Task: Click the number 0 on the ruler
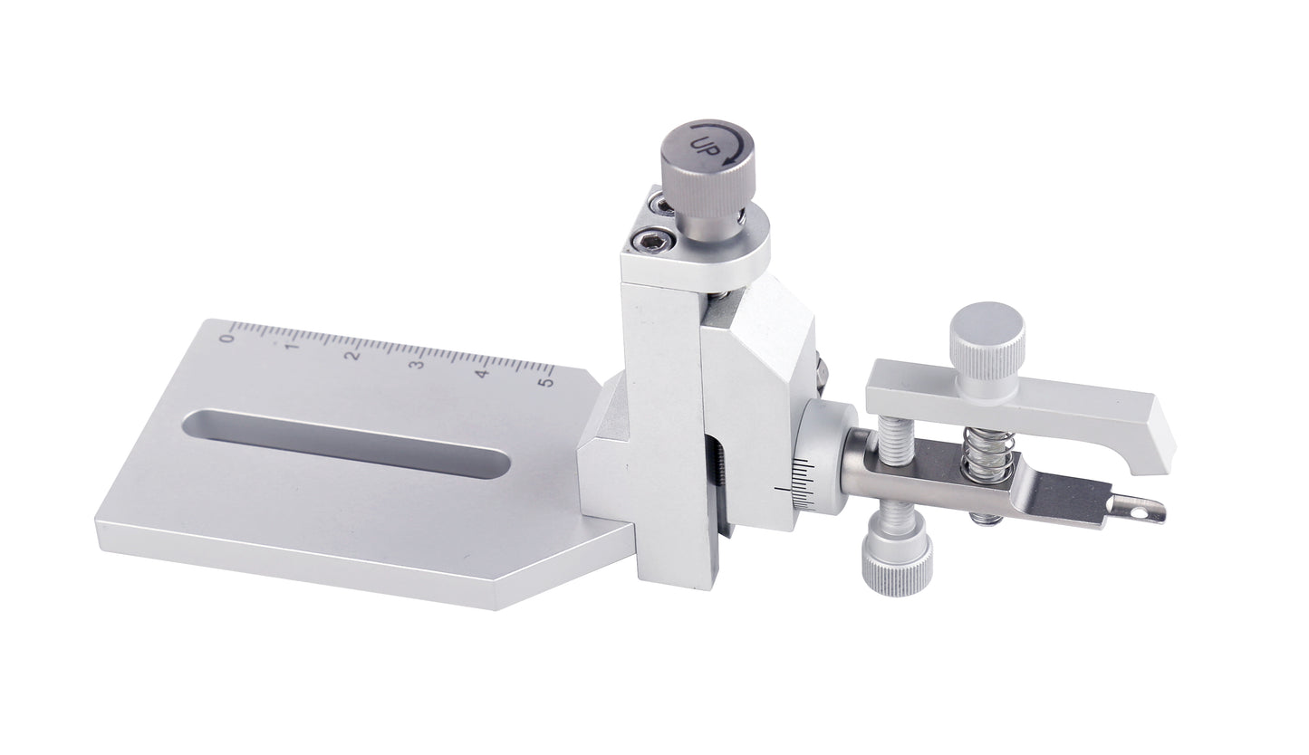pos(227,337)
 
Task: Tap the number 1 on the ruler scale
pos(292,346)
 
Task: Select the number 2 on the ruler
pos(353,356)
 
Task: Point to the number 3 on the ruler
pos(418,365)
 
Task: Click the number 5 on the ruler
pos(546,382)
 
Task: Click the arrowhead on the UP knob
pos(728,158)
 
